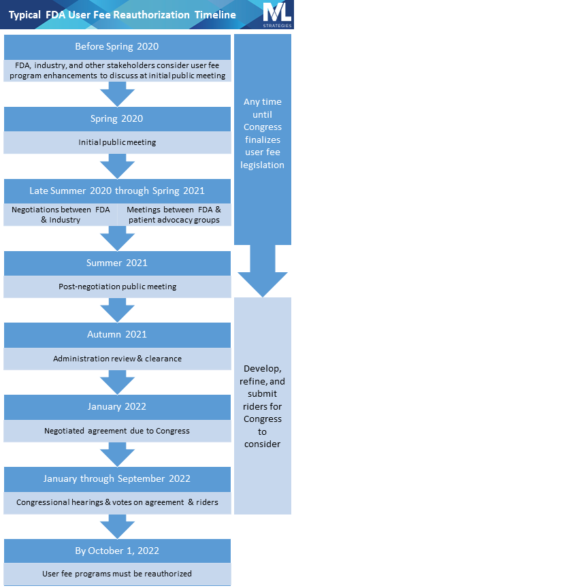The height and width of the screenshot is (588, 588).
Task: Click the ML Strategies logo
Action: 277,14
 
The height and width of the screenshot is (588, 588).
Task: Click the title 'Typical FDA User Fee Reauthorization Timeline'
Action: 122,15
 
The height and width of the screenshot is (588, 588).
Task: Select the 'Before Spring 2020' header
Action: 117,47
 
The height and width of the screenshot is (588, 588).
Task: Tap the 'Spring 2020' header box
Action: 117,119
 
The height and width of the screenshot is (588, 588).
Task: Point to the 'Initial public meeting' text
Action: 117,143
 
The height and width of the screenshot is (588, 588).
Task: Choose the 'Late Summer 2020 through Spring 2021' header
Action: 117,191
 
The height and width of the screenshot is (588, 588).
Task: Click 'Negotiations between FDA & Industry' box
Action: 61,215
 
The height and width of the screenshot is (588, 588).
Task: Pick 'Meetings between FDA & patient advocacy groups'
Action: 174,215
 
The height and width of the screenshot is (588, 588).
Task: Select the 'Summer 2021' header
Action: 117,263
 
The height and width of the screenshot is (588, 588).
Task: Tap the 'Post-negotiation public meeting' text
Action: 117,287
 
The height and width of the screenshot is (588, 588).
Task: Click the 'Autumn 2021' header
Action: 117,335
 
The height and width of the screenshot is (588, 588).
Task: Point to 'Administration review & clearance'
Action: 117,359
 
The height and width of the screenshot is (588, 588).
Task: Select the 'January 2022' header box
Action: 117,407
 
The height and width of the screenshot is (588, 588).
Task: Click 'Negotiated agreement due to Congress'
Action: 117,431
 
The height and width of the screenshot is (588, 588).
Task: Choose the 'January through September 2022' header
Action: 117,479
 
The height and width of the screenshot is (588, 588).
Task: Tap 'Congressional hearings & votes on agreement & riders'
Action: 117,502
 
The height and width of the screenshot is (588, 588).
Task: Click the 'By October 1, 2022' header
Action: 117,551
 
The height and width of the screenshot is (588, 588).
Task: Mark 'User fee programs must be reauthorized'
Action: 117,574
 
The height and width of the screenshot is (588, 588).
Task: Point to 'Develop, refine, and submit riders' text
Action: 262,406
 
